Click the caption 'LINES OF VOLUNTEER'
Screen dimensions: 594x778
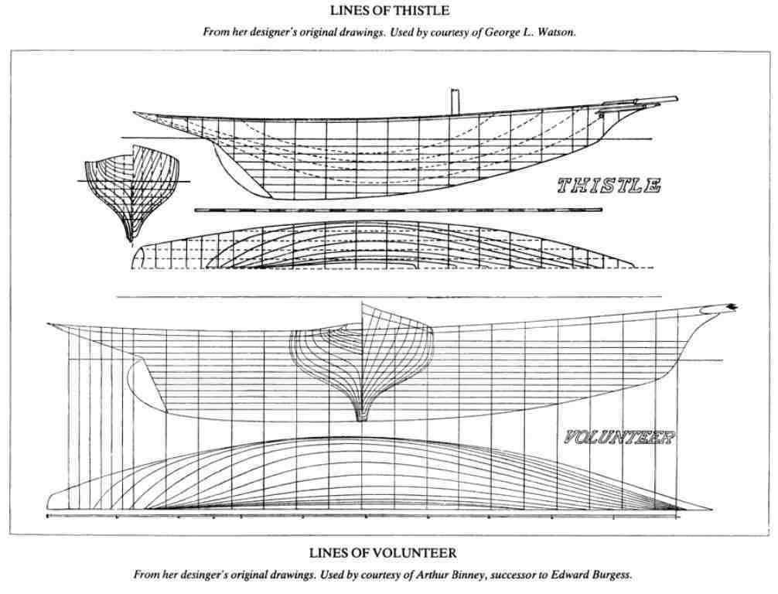coord(388,553)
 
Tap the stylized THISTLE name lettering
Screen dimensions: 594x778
coord(608,186)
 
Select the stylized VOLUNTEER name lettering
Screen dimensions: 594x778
coord(619,439)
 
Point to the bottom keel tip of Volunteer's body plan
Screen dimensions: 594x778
coord(361,418)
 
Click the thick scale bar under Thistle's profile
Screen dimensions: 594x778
coord(387,210)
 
